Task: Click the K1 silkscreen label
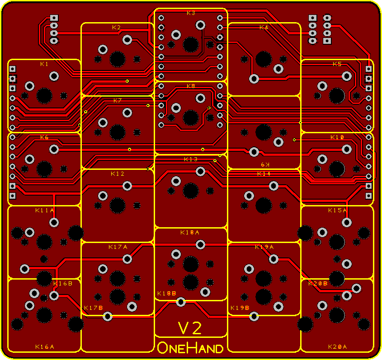(44, 64)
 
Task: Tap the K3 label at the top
(191, 13)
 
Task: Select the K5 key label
(337, 64)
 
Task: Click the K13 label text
(191, 159)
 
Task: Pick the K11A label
(45, 210)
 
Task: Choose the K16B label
(63, 284)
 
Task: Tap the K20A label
(337, 347)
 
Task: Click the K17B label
(93, 308)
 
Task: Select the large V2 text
(190, 328)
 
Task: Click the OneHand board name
(190, 348)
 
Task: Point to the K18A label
(190, 233)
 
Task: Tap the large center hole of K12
(118, 206)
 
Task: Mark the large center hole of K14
(264, 206)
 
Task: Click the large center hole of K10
(337, 169)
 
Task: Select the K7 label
(118, 101)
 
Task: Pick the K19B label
(240, 308)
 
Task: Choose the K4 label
(264, 28)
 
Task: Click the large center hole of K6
(44, 169)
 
